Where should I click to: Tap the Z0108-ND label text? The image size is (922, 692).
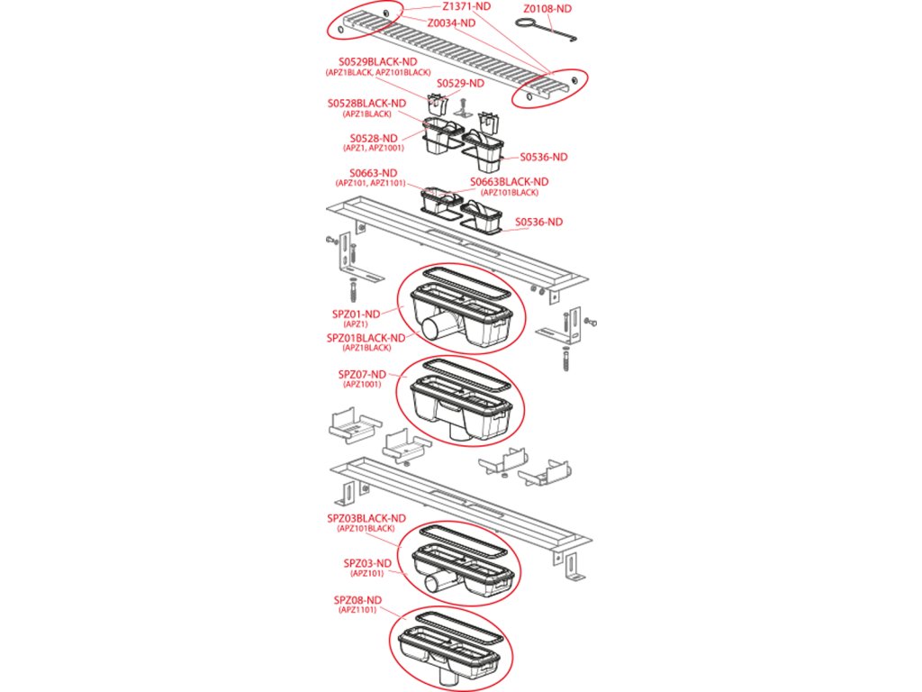tap(547, 8)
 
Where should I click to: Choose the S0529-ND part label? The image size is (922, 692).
tap(460, 84)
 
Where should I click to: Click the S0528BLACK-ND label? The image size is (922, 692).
tap(366, 104)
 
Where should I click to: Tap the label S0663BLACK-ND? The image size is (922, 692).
tap(509, 182)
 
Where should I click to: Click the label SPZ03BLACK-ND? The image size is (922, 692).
tap(366, 518)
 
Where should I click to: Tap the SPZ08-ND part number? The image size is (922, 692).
tap(358, 600)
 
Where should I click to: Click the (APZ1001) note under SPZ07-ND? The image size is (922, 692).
tap(362, 385)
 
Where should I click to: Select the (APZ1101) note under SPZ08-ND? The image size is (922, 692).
tap(358, 611)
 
